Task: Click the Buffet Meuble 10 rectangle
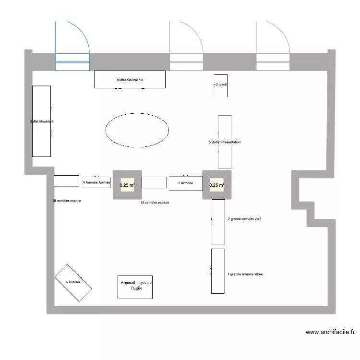130,80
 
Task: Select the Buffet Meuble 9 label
41,121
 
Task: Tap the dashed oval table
137,129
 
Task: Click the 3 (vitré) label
221,85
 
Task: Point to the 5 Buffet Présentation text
225,142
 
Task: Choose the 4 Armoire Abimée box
96,182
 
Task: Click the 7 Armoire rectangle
185,183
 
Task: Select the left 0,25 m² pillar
127,185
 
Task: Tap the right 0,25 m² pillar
217,185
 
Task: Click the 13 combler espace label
155,203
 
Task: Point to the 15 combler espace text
66,201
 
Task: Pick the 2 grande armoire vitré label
244,219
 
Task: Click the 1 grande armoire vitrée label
245,275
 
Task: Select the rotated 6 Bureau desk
73,282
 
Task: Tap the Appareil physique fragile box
136,287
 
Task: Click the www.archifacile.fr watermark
330,332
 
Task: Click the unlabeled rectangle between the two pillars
155,183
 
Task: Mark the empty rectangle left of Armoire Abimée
66,181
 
